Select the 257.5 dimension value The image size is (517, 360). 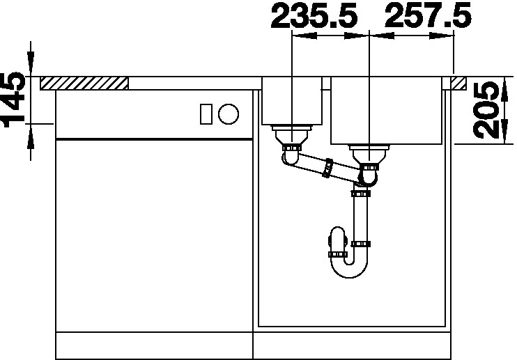tap(428, 16)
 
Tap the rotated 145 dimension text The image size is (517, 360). tap(14, 100)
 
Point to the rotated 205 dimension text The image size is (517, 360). tap(486, 110)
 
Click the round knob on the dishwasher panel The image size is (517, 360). tap(228, 114)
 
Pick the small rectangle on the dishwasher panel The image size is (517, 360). tap(206, 114)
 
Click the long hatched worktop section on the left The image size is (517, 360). tap(84, 84)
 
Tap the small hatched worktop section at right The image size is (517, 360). tap(458, 84)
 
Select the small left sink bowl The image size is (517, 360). tap(292, 101)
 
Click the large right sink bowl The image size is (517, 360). tap(387, 111)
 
